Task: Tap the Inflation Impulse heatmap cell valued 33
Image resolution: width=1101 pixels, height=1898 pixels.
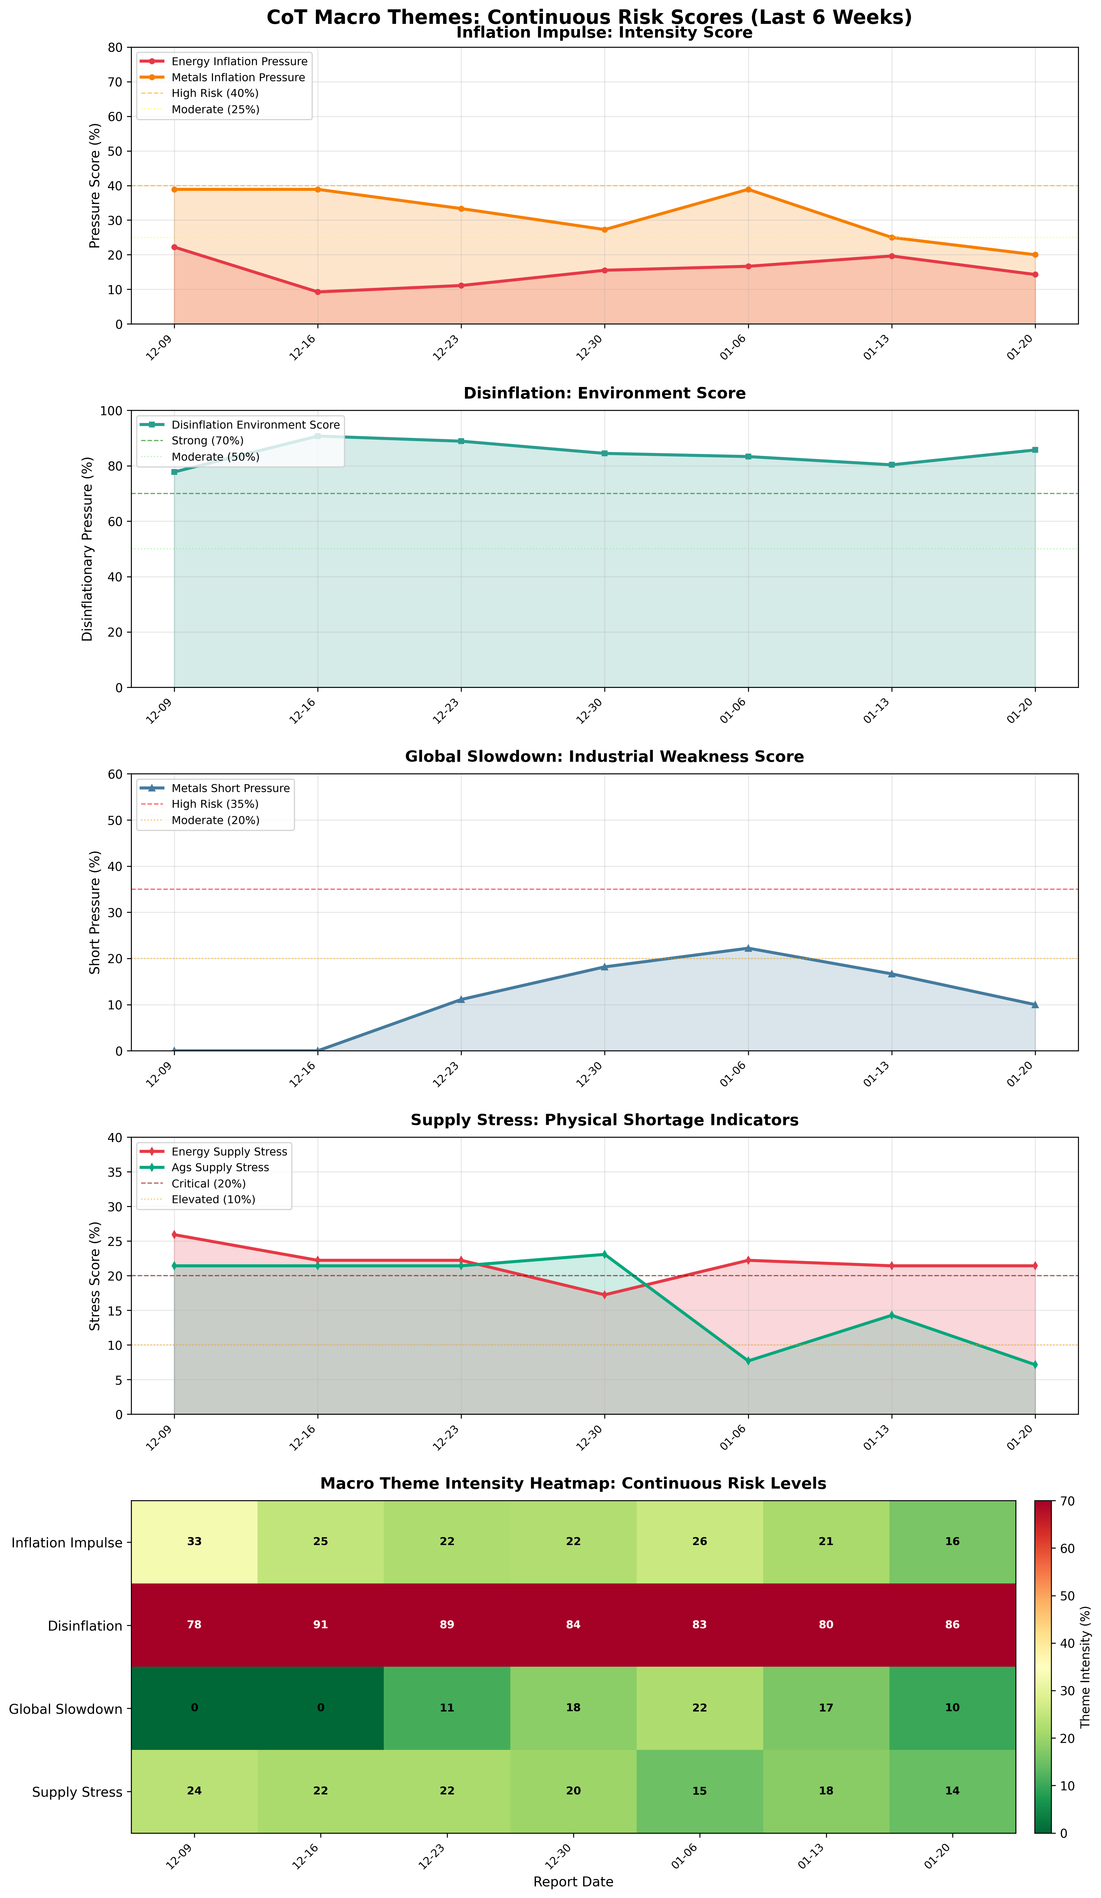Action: [x=194, y=1542]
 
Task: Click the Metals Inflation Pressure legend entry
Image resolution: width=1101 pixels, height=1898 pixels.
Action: [x=238, y=78]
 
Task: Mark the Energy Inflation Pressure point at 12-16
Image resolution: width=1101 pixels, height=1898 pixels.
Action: [x=318, y=292]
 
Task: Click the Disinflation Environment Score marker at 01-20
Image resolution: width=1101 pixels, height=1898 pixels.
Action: [x=1035, y=450]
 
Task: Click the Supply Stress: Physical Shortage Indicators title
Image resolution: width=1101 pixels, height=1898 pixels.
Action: [x=604, y=1120]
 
